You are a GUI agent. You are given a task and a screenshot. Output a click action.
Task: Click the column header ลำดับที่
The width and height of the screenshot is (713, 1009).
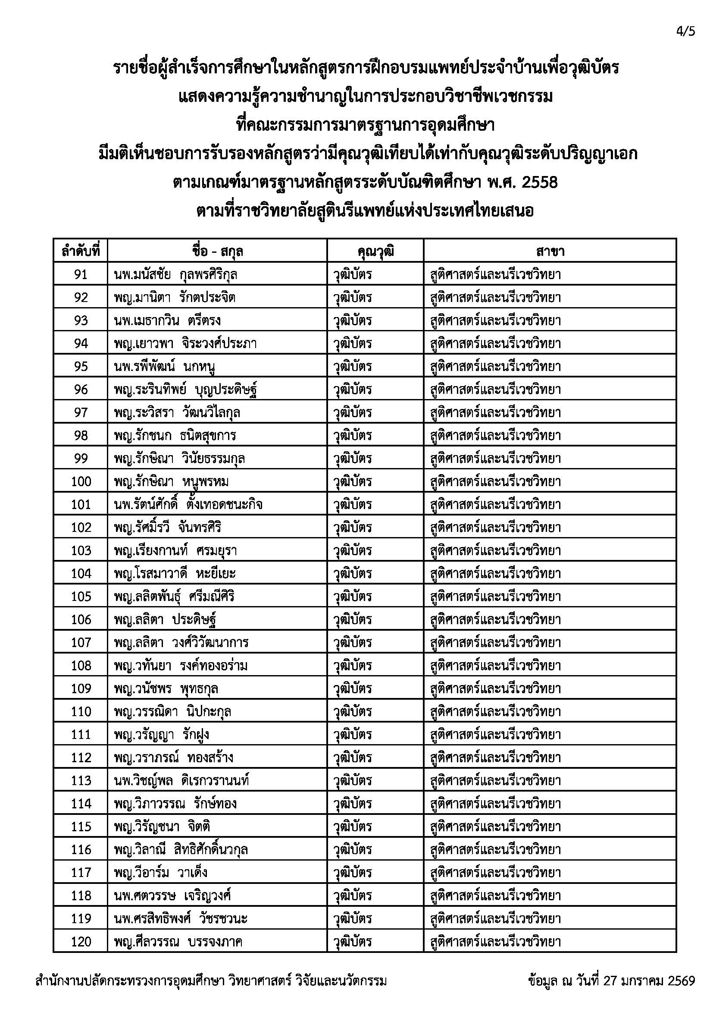(81, 252)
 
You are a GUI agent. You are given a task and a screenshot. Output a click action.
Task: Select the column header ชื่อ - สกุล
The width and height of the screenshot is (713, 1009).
(217, 252)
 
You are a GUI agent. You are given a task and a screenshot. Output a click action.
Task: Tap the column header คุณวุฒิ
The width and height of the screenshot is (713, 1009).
(375, 252)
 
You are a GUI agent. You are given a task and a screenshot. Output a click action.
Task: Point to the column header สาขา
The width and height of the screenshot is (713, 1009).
(550, 252)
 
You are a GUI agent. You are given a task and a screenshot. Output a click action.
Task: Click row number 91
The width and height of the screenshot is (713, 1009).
(81, 275)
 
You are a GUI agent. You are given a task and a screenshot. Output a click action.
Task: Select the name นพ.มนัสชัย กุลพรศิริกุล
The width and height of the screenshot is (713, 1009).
(175, 275)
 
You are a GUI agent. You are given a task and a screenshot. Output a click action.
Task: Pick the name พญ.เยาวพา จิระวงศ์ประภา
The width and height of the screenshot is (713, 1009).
(185, 344)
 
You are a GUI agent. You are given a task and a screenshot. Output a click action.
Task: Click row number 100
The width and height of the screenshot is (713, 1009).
(81, 482)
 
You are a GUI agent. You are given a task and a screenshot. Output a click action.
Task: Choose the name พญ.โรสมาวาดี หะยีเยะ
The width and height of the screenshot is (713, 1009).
(175, 573)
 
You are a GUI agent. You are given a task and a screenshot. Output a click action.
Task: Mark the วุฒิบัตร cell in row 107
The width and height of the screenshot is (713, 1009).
(353, 642)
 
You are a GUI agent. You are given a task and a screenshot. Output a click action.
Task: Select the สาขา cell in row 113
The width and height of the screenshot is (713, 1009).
(495, 780)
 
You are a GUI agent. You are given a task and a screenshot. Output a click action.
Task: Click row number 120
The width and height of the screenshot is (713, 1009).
(81, 941)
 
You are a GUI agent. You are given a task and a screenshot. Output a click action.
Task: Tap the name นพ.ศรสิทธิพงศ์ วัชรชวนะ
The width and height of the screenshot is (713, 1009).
(181, 918)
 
